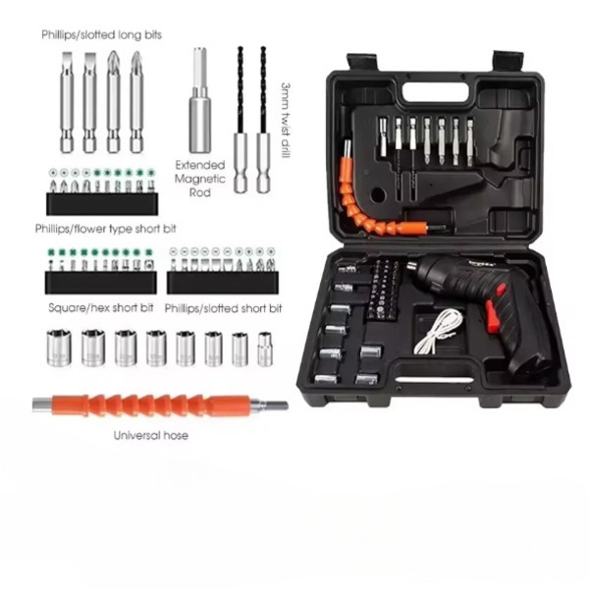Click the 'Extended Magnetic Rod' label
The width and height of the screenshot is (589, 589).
pyautogui.click(x=200, y=179)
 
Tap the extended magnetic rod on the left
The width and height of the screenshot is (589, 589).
pyautogui.click(x=200, y=100)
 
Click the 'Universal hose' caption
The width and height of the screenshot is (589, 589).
pyautogui.click(x=150, y=435)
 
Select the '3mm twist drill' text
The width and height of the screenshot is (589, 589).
pyautogui.click(x=287, y=121)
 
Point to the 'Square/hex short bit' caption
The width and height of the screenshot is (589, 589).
pyautogui.click(x=101, y=307)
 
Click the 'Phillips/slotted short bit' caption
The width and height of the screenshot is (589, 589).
pyautogui.click(x=223, y=308)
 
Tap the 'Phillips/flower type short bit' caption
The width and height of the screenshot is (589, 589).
pyautogui.click(x=106, y=229)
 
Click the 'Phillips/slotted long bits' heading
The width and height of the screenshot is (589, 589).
pyautogui.click(x=101, y=35)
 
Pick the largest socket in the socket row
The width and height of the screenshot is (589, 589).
pyautogui.click(x=59, y=348)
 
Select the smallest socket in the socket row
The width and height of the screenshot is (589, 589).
pyautogui.click(x=265, y=348)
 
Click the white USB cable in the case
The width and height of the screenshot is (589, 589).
pyautogui.click(x=439, y=331)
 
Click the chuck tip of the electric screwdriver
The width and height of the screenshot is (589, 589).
pyautogui.click(x=412, y=266)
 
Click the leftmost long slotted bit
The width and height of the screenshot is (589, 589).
pyautogui.click(x=67, y=102)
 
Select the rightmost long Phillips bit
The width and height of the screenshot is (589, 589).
pyautogui.click(x=136, y=102)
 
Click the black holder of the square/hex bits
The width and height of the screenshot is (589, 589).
pyautogui.click(x=101, y=283)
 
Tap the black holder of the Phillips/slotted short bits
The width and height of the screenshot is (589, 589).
pyautogui.click(x=223, y=283)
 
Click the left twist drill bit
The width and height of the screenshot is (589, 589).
pyautogui.click(x=241, y=120)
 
